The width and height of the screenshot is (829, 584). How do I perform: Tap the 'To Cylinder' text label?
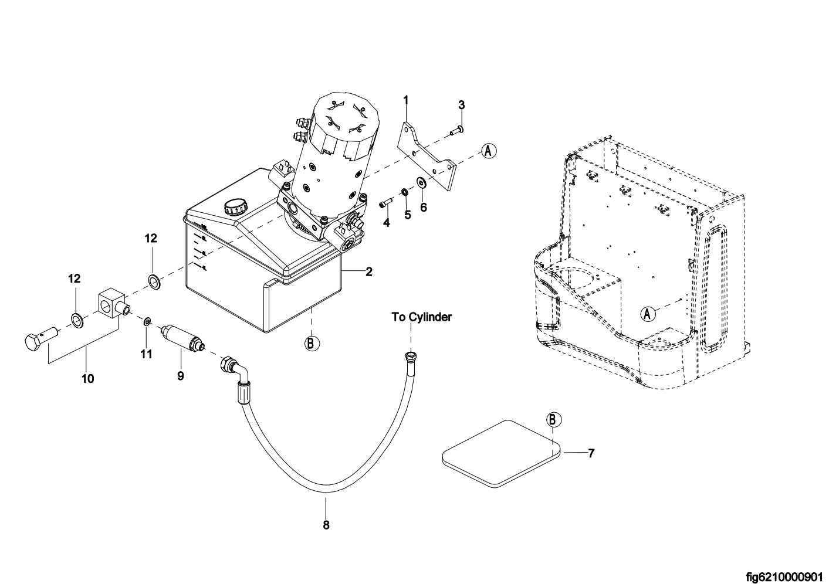[422, 317]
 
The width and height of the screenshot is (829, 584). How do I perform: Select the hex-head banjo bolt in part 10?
[41, 338]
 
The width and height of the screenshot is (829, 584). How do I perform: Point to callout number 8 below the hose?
[326, 525]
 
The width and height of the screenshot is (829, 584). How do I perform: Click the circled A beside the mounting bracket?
[489, 151]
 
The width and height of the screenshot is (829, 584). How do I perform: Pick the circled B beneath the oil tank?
[312, 344]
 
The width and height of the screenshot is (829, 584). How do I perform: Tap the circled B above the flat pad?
[554, 420]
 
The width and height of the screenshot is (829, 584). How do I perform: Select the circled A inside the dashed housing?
[648, 314]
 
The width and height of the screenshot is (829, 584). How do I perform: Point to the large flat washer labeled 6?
[421, 182]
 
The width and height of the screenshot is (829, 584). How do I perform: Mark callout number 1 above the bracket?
[406, 100]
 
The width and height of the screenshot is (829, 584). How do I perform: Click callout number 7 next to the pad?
[591, 453]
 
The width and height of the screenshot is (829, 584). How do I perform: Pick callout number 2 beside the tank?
[369, 272]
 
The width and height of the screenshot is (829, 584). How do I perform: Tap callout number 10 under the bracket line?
[88, 379]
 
